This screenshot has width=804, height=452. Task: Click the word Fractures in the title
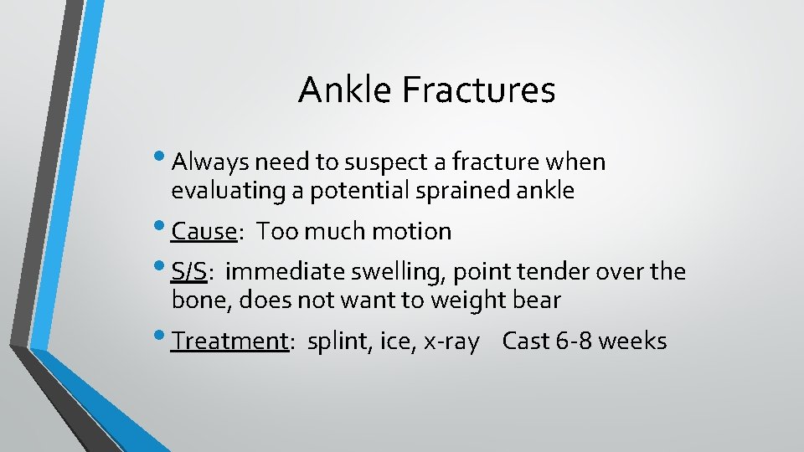tap(478, 90)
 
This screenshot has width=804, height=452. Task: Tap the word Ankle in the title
tap(345, 90)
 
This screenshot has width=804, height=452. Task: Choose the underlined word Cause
tap(204, 231)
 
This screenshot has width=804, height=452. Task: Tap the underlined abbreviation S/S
tap(188, 272)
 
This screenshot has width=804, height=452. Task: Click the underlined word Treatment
tap(229, 342)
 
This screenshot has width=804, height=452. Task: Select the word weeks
tap(633, 342)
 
